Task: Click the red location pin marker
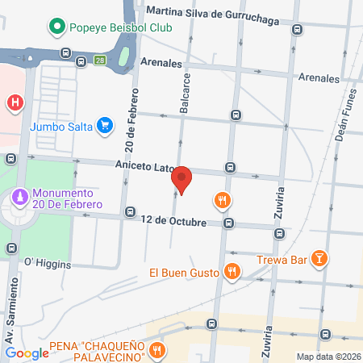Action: (x=182, y=179)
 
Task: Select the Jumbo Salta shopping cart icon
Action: (x=103, y=125)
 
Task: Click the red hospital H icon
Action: (x=14, y=102)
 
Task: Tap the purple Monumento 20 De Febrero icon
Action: (x=19, y=197)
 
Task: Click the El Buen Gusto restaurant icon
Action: (x=232, y=272)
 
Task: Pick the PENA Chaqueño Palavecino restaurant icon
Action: (x=158, y=351)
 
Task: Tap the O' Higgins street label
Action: (x=48, y=264)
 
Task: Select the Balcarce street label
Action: (x=184, y=91)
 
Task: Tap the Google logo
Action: (x=27, y=353)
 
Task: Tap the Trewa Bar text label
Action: (x=282, y=259)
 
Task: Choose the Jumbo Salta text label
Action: (x=60, y=126)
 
